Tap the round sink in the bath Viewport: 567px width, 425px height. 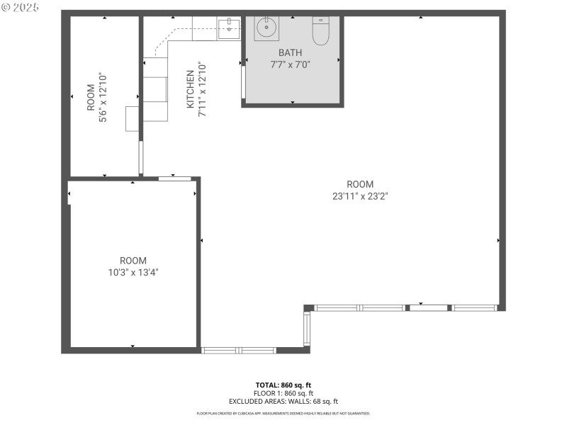tap(266, 29)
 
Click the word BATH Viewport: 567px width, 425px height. tap(290, 52)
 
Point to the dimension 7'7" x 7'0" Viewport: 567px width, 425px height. tap(290, 64)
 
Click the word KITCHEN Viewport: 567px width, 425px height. tap(190, 89)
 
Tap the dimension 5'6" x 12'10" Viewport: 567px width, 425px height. tap(103, 98)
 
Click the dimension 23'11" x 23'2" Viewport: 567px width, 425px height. tap(360, 196)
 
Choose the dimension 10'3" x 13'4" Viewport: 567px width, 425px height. tap(133, 271)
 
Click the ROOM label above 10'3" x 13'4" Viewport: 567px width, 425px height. tap(133, 260)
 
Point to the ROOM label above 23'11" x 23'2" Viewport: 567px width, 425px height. tap(360, 184)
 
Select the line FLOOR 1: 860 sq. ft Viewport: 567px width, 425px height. tap(283, 393)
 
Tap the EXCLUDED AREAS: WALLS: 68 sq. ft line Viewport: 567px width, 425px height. tap(283, 401)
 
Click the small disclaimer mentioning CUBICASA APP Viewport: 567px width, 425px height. tap(283, 413)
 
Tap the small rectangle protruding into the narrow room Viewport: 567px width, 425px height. tap(133, 118)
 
